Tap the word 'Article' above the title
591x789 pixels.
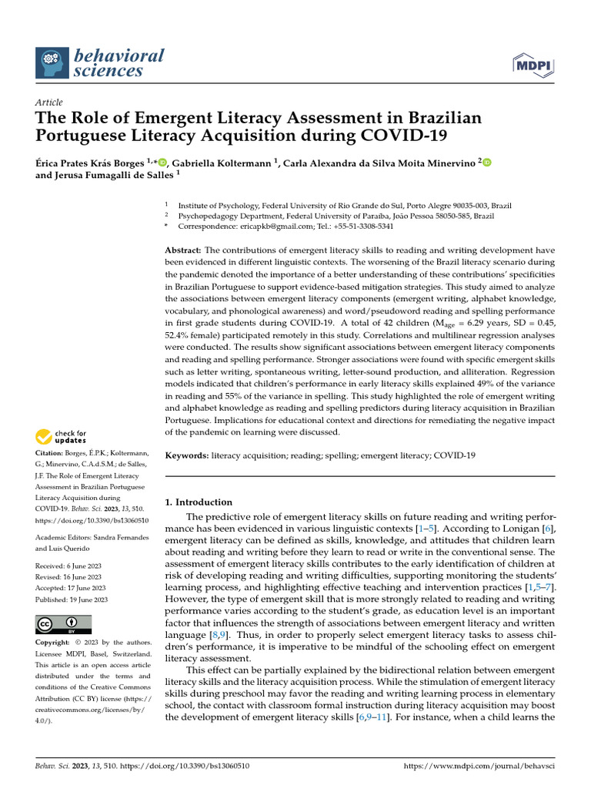click(49, 102)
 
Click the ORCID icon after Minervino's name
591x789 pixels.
click(486, 162)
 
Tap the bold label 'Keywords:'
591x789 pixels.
click(188, 455)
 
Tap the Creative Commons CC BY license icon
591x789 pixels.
click(63, 623)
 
